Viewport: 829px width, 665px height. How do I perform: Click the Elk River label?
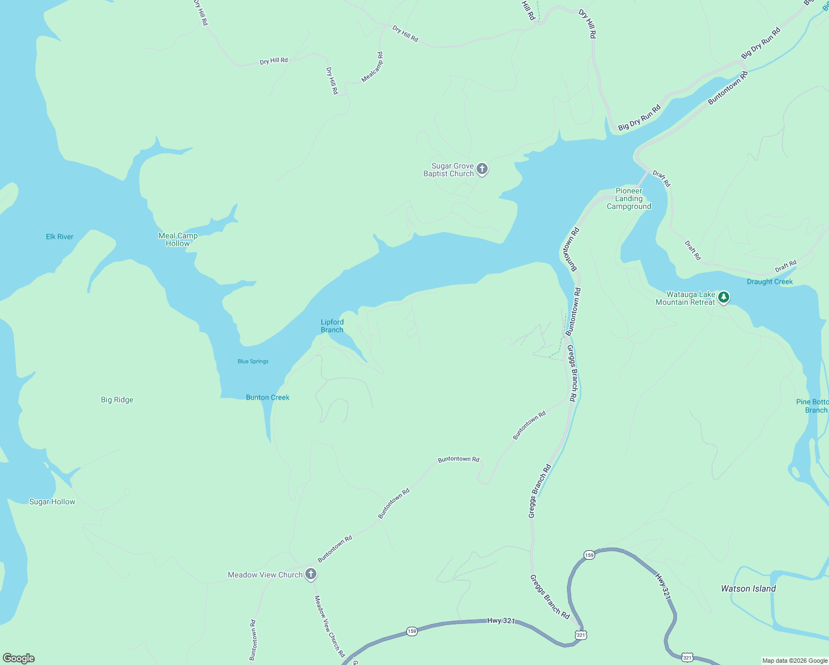60,237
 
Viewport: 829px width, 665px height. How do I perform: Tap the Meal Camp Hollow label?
178,239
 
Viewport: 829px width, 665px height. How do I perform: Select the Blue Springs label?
253,361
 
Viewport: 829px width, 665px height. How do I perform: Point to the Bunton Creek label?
268,397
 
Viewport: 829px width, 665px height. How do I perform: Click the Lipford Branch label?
332,326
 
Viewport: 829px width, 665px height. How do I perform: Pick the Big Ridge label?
117,400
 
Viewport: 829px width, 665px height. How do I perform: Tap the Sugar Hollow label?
52,502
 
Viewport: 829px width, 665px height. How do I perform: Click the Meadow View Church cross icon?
311,574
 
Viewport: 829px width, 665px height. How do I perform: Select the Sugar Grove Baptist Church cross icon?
482,168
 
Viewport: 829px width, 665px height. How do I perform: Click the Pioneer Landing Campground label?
629,198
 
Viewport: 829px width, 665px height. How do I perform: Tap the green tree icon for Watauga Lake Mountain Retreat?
723,298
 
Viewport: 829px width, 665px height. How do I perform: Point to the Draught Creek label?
770,282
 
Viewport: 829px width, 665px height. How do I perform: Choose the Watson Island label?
748,589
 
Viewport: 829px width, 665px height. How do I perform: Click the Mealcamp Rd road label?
372,67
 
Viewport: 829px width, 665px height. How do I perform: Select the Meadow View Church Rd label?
330,626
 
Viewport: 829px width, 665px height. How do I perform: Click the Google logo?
19,658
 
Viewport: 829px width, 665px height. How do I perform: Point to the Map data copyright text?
795,661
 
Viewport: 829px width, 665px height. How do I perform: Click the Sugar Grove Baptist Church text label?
449,170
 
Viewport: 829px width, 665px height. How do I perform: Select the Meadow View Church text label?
265,575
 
